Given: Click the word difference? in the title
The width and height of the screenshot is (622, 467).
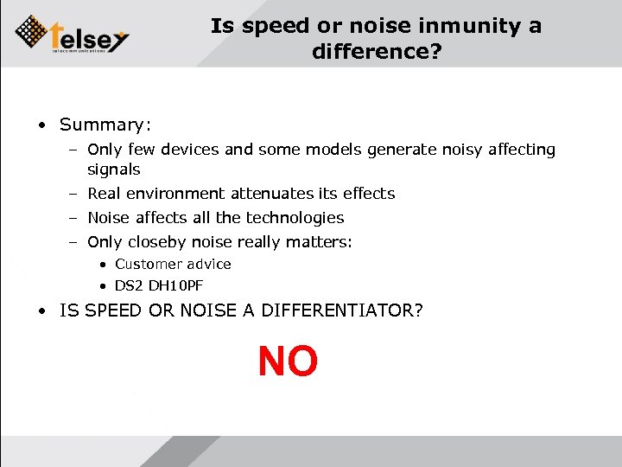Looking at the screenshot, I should pyautogui.click(x=377, y=53).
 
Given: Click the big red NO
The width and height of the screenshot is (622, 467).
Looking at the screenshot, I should pyautogui.click(x=288, y=361).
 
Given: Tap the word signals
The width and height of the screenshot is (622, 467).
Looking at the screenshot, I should pyautogui.click(x=113, y=170).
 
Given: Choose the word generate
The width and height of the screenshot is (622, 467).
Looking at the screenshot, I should pyautogui.click(x=399, y=150).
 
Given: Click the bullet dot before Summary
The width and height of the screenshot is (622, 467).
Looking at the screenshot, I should pyautogui.click(x=41, y=125).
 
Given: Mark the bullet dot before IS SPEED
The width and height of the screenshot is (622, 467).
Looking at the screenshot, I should pyautogui.click(x=41, y=310).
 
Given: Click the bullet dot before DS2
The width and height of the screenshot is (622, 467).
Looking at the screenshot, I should pyautogui.click(x=102, y=285).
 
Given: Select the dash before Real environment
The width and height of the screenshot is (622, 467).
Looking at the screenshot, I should pyautogui.click(x=74, y=193).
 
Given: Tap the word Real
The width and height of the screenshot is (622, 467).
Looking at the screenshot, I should pyautogui.click(x=105, y=193).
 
